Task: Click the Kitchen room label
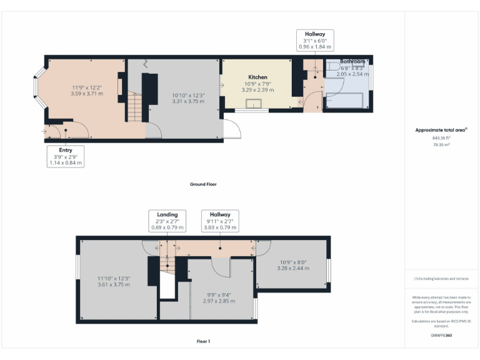pos(257,77)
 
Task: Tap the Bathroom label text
pos(352,62)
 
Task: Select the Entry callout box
pos(66,156)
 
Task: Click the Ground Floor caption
pos(203,184)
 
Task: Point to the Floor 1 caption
pos(203,341)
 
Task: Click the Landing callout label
pos(167,221)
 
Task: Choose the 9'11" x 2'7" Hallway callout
pos(220,221)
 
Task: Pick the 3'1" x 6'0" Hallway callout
pos(316,40)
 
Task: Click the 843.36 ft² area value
pos(441,138)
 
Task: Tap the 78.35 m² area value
pos(441,144)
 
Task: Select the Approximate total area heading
pos(441,130)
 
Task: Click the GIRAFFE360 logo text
pos(441,336)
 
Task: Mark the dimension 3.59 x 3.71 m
pos(87,93)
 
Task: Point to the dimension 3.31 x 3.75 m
pos(188,101)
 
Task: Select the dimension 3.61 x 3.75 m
pos(113,284)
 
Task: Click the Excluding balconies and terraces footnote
pos(441,279)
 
